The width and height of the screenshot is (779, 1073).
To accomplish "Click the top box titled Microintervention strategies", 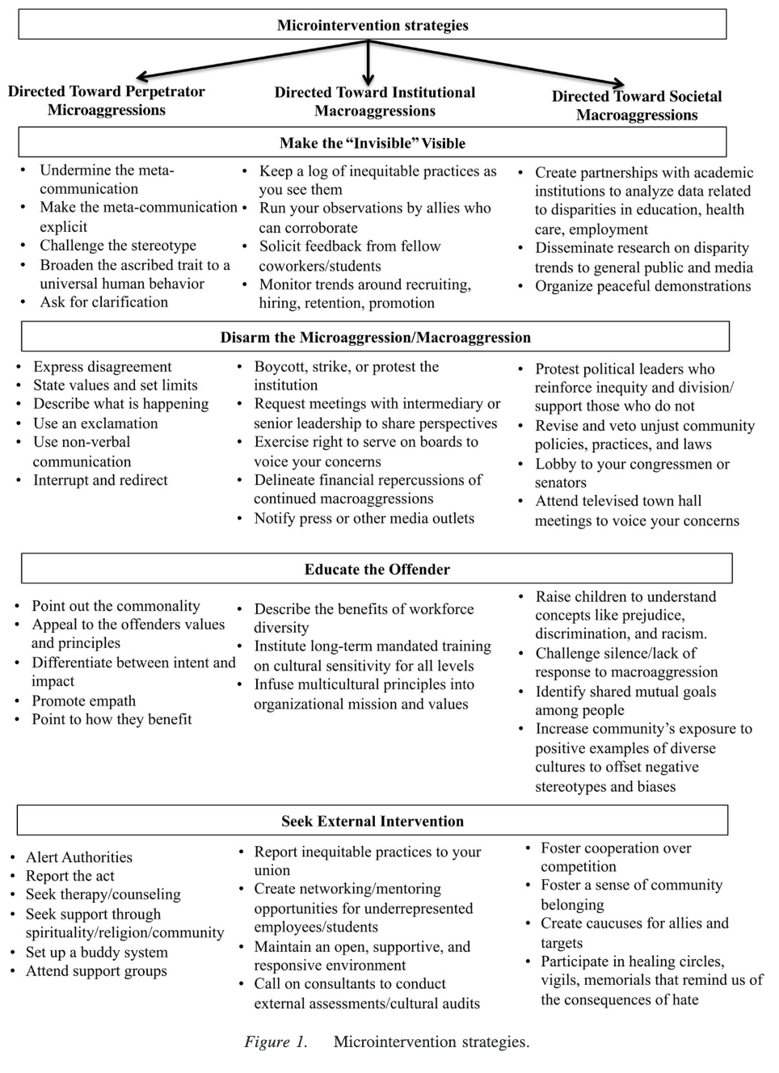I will point(373,25).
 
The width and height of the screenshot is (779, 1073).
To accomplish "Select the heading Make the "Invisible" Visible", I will point(373,143).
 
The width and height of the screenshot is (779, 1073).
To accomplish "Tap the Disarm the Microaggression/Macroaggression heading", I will point(375,337).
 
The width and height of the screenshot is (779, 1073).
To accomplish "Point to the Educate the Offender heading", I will point(377,569).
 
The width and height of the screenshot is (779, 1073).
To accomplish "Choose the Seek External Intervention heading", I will point(373,821).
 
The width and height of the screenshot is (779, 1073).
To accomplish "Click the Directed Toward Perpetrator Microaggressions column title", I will point(107,101).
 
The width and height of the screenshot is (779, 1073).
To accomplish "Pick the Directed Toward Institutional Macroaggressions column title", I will point(375,102).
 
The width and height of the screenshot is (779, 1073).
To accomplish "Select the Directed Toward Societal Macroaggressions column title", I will point(637,106).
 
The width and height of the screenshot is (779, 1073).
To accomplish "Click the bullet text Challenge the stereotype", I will point(118,246).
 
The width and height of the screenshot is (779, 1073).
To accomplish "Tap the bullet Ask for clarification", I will point(104,302).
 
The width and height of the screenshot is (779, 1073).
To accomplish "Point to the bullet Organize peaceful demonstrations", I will point(642,286).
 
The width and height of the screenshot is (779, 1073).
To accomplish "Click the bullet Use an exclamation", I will point(95,423).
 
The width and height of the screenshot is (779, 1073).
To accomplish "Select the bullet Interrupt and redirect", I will point(100,480).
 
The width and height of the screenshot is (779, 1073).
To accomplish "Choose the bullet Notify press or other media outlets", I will point(364,519).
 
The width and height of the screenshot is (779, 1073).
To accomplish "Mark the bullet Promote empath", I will point(83,701).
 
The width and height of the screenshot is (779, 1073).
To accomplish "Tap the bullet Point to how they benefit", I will point(112,719).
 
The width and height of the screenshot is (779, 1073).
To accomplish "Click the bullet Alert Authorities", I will point(78,857).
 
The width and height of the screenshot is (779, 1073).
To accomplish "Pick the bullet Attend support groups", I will point(96,971).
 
